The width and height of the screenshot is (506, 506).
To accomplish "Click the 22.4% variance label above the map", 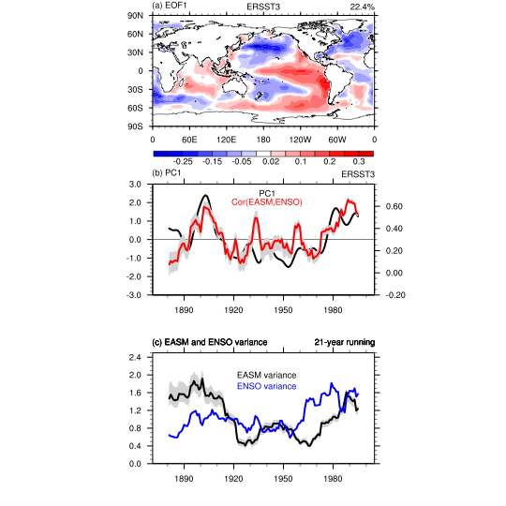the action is pos(362,7).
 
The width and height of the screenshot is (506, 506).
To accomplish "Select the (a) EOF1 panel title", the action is pos(169,6).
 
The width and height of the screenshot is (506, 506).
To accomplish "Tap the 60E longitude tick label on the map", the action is pos(189,140).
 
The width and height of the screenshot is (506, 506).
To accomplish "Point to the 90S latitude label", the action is pos(135,126).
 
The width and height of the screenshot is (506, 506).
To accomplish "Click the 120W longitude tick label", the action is pos(300,140).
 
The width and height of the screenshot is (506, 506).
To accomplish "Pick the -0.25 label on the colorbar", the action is pos(183,162).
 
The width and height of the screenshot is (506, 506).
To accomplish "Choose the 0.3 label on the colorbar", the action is pos(359,162).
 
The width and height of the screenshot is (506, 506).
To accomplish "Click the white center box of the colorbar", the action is pos(263,154).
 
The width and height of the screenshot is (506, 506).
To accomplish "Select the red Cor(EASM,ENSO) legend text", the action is pos(267,202).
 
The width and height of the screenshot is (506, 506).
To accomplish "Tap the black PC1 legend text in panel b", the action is pos(267,194).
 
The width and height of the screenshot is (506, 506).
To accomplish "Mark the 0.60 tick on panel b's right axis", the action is pos(394,206).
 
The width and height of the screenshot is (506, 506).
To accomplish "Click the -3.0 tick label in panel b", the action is pos(135,295).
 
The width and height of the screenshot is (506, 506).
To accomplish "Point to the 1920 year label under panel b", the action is pos(233,310).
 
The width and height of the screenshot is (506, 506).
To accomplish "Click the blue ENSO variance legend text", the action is pos(266,386).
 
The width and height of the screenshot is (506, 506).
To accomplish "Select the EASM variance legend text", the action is pos(266,376).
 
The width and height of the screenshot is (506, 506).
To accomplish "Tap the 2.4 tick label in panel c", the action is pos(135,358).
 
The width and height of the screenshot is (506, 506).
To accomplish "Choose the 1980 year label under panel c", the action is pos(333,479).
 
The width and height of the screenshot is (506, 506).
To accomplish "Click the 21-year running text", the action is pos(345,342).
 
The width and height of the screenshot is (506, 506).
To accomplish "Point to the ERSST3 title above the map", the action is pos(263,7).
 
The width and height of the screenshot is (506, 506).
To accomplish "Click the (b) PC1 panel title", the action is pos(167,173).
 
